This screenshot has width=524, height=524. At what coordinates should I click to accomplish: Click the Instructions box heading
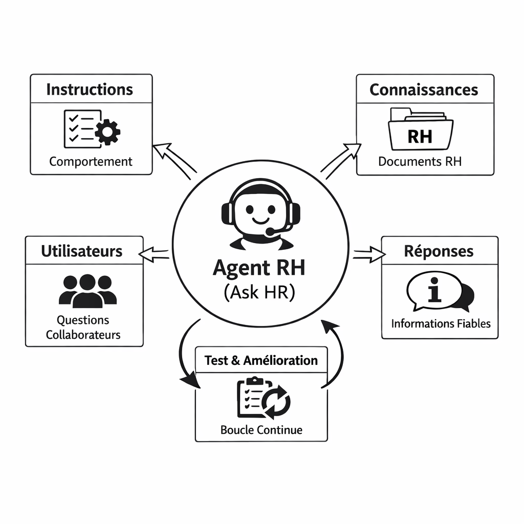click(x=90, y=90)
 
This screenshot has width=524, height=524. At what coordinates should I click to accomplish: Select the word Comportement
click(x=91, y=162)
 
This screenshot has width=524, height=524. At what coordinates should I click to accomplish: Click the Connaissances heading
click(x=424, y=90)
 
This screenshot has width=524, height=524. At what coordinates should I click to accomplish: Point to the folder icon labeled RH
click(x=420, y=128)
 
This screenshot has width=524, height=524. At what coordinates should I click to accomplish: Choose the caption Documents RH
click(x=420, y=162)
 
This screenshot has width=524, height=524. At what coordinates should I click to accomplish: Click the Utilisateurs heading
click(x=82, y=251)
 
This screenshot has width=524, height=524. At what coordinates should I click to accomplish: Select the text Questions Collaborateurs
click(x=83, y=327)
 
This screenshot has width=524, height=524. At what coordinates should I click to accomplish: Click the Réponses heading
click(x=439, y=251)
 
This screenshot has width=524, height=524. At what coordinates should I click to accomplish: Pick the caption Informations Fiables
click(x=441, y=324)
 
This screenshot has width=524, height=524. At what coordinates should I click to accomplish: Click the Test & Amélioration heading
click(x=261, y=360)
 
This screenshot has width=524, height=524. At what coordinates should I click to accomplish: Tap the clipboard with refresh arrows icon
click(x=263, y=398)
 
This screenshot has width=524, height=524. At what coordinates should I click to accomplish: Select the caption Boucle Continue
click(x=261, y=430)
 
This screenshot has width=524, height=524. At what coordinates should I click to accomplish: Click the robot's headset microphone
click(x=270, y=232)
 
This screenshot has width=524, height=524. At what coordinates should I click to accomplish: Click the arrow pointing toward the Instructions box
click(x=173, y=160)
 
